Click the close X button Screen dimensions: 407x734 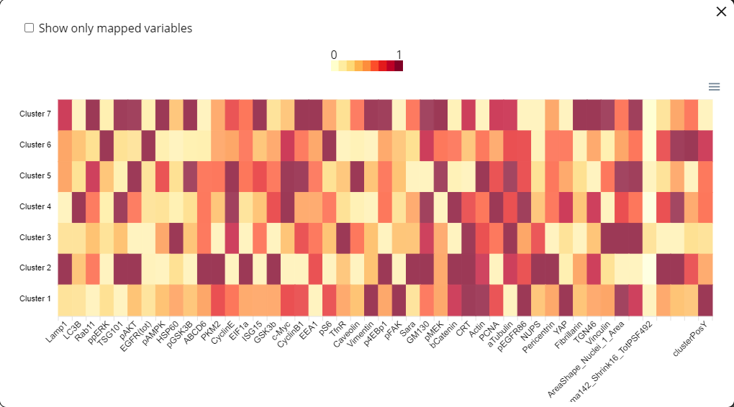[721, 11]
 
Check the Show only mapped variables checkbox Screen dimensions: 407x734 [30, 28]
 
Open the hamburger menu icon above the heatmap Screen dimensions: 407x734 [714, 86]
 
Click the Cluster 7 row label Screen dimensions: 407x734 [35, 114]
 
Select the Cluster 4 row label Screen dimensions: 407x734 [35, 206]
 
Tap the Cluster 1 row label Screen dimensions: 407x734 [35, 298]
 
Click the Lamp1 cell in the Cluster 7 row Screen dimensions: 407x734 [65, 114]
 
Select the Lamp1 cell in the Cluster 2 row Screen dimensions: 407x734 [65, 267]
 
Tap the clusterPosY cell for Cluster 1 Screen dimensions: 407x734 [706, 298]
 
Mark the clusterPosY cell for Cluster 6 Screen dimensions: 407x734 [706, 145]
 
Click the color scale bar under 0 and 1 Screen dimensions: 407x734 [366, 66]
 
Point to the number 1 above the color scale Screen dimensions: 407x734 [399, 55]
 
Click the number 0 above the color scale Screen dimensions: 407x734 [334, 55]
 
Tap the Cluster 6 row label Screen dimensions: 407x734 [35, 145]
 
